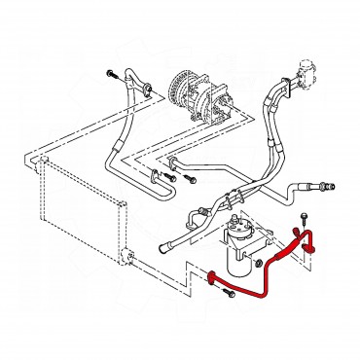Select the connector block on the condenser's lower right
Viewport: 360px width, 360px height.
pos(124,257)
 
